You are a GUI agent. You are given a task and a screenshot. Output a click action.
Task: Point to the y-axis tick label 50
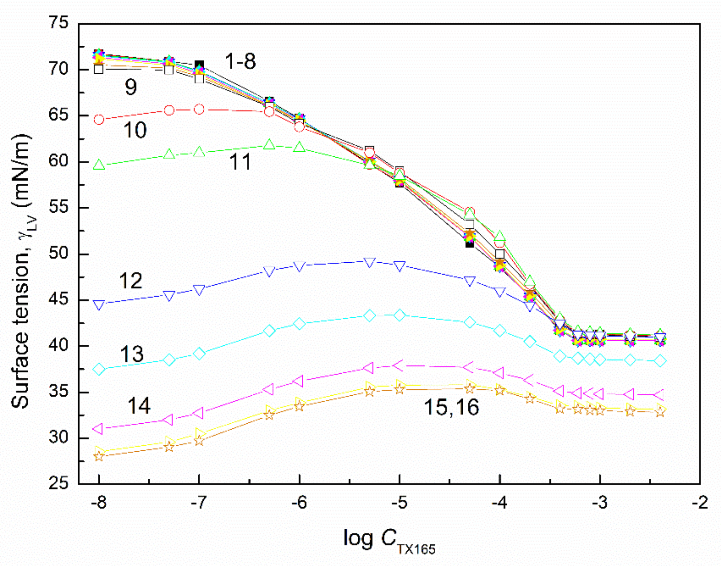[x=59, y=254]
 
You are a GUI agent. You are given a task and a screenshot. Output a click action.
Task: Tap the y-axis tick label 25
[x=59, y=484]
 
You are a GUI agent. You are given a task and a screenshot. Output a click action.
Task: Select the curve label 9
[x=131, y=87]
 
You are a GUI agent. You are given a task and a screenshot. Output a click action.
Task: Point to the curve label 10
[x=135, y=130]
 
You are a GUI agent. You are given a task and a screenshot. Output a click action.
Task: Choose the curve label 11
[x=240, y=162]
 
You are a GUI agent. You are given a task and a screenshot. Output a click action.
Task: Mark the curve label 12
[x=130, y=281]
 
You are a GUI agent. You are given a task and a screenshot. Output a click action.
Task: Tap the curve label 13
[x=131, y=354]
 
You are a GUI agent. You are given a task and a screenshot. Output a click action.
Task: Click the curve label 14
[x=139, y=406]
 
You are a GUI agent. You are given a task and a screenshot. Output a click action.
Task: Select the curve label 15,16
[x=451, y=407]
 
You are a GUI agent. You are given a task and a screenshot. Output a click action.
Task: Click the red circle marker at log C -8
[x=99, y=120]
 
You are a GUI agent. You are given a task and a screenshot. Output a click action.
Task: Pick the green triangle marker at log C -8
[x=99, y=165]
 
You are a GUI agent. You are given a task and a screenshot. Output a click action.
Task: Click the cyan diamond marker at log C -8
[x=99, y=369]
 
